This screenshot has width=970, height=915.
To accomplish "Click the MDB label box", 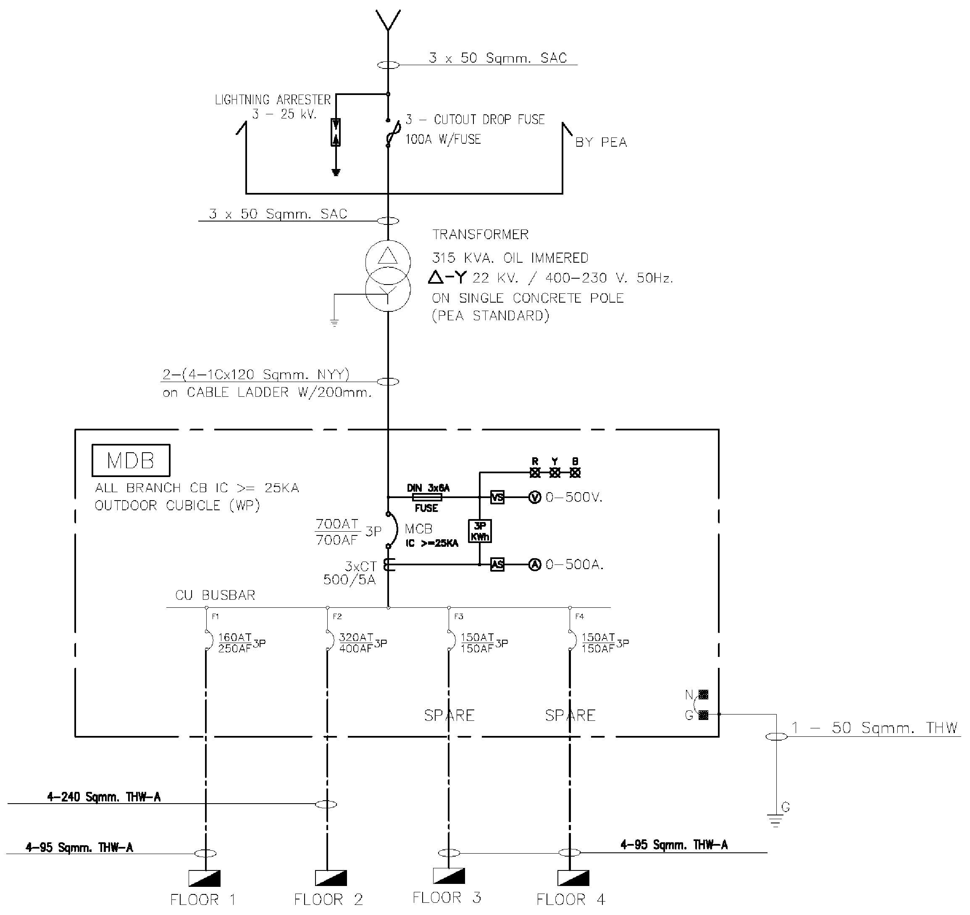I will [x=131, y=460].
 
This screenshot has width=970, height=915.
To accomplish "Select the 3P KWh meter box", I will [x=480, y=531].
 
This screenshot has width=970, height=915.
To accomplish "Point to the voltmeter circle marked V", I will [x=535, y=498].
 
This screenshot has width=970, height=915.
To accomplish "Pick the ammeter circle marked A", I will [x=535, y=564].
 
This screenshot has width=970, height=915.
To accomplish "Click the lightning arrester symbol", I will [x=336, y=132].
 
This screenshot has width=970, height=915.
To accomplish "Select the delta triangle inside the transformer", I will [x=388, y=256].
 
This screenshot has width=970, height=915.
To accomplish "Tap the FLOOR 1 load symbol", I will [x=205, y=878].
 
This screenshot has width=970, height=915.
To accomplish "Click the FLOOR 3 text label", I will [x=447, y=897].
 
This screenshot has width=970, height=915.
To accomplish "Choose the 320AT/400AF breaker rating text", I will [x=356, y=643].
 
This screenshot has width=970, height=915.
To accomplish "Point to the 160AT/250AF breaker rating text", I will [x=235, y=643].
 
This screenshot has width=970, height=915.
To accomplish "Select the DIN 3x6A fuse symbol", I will [x=427, y=498].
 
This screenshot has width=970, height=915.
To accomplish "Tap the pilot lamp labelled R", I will [x=535, y=472].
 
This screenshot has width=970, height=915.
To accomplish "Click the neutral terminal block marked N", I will [x=703, y=694].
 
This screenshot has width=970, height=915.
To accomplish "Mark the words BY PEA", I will [x=601, y=142].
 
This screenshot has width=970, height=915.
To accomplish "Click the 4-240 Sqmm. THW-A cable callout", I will [x=103, y=797].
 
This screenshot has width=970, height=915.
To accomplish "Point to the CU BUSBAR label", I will [x=215, y=595].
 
